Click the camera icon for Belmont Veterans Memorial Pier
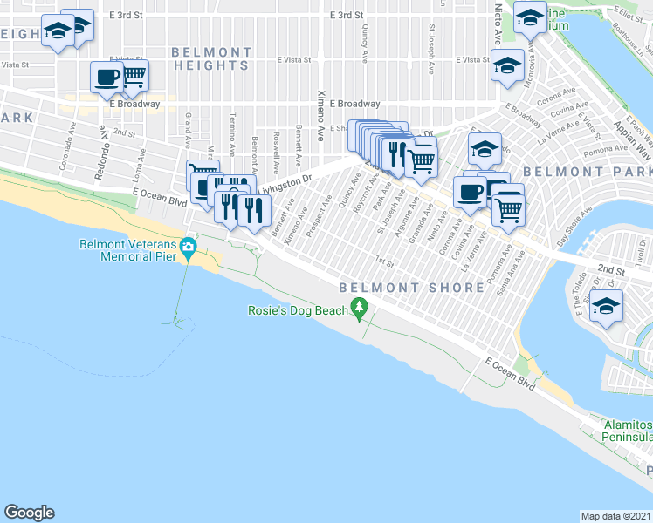[x=188, y=248]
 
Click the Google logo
[x=29, y=513]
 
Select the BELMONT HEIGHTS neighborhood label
[x=211, y=58]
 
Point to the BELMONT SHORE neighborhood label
[x=412, y=287]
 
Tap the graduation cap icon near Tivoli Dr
[x=606, y=306]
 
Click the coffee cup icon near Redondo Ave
[x=107, y=77]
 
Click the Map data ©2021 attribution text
[x=616, y=515]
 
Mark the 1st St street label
[x=380, y=261]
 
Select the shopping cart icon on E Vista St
[x=134, y=76]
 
